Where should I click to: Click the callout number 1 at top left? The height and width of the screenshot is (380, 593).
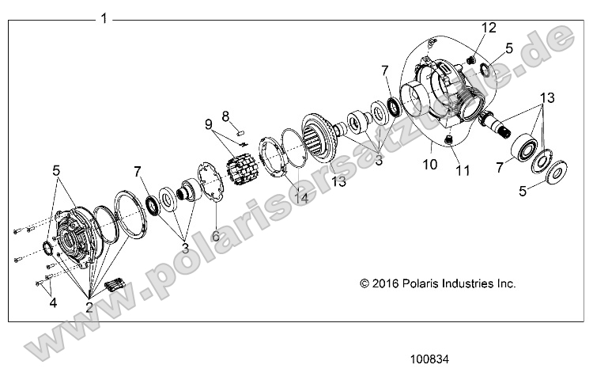tap(104, 18)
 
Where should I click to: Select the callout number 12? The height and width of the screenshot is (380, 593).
tap(489, 28)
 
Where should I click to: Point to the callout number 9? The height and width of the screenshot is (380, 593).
tap(209, 124)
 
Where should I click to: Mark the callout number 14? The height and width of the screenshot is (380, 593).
tap(300, 197)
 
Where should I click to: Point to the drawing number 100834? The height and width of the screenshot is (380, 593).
tap(429, 359)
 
